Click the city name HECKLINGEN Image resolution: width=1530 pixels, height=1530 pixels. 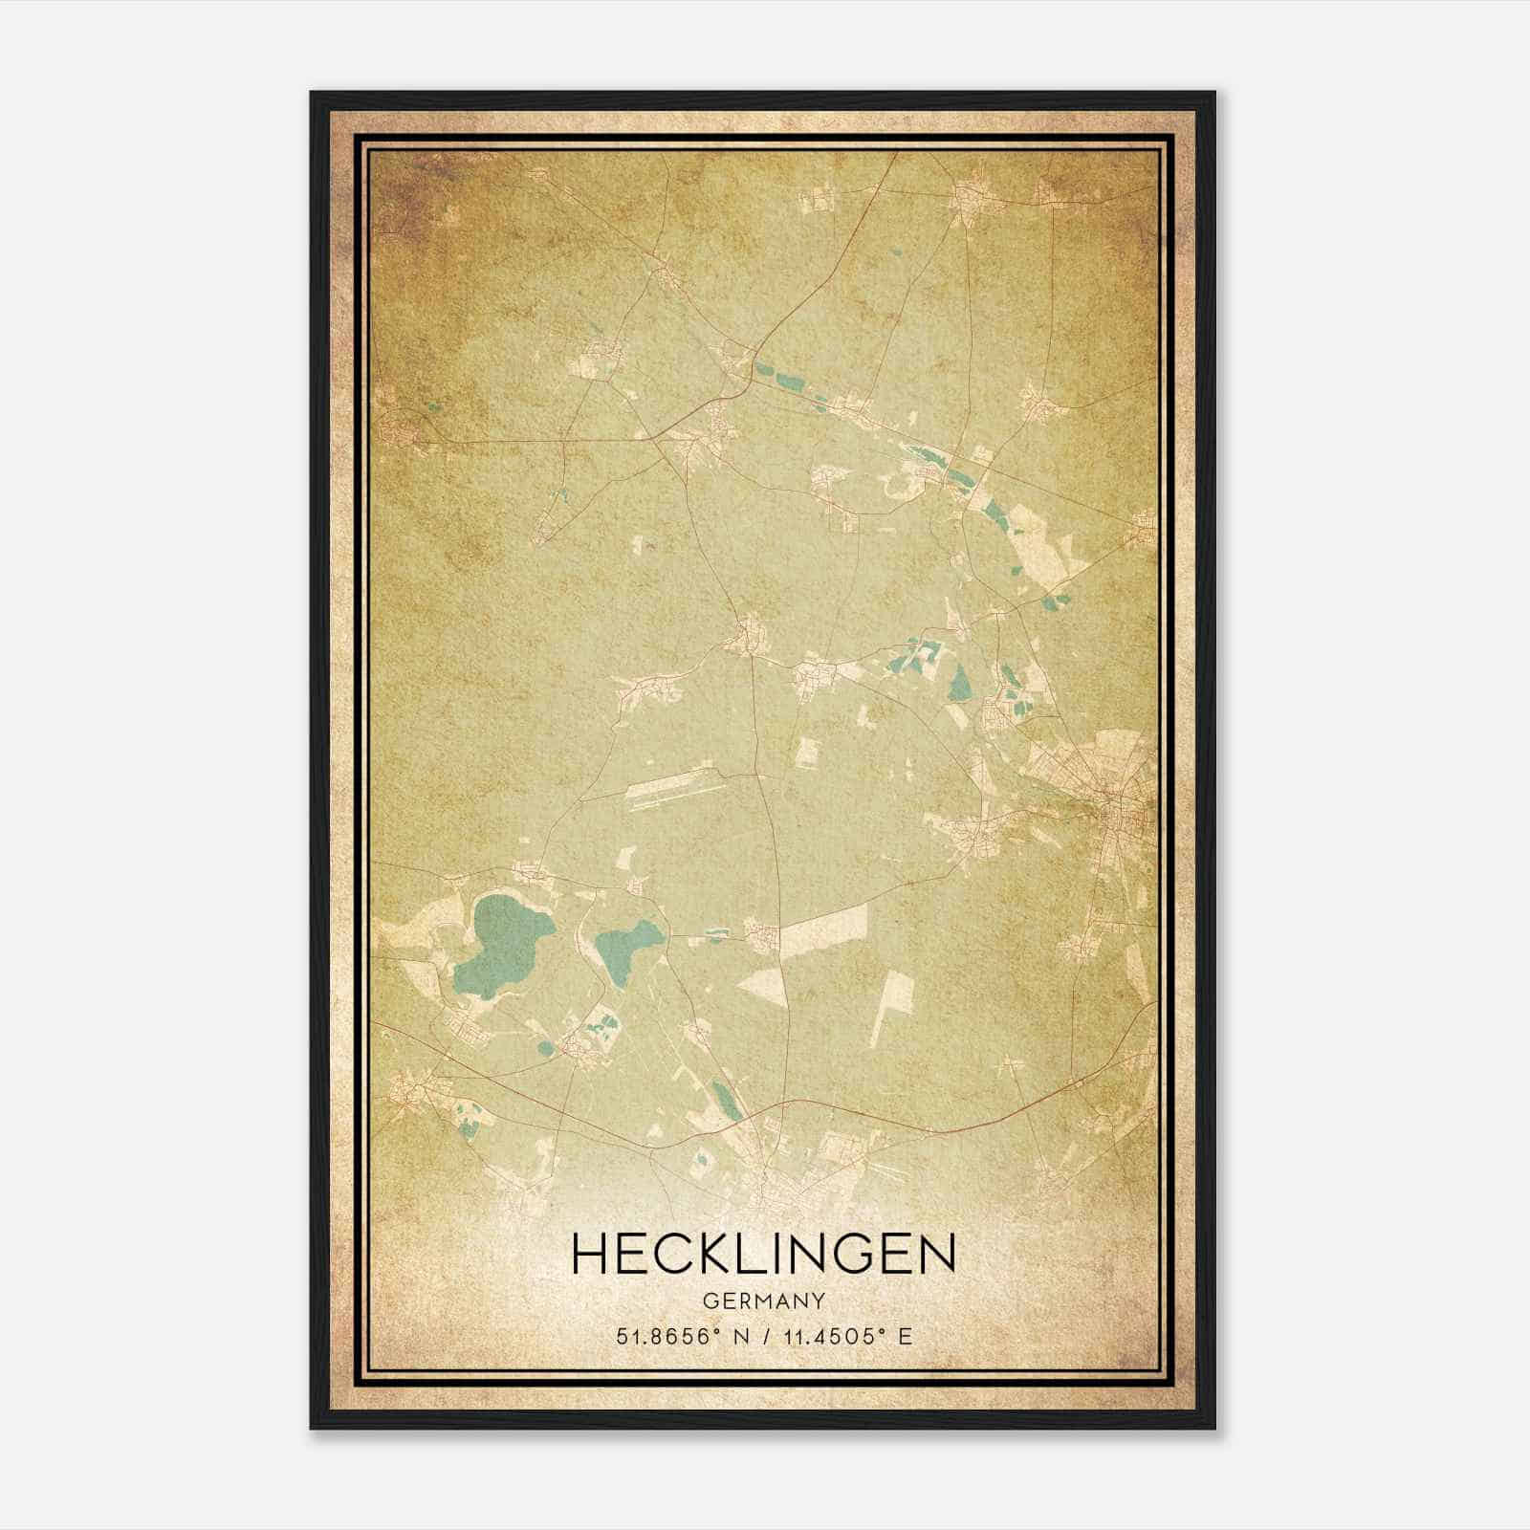(x=763, y=1254)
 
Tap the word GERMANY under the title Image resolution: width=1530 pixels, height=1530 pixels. (x=763, y=1300)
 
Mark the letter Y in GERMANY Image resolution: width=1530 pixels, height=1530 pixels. (x=818, y=1300)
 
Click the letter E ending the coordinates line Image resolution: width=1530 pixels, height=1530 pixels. (x=906, y=1336)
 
